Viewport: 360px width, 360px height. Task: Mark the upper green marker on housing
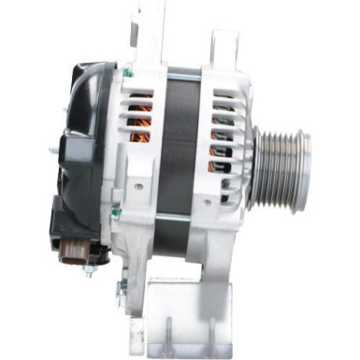(x=128, y=73)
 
